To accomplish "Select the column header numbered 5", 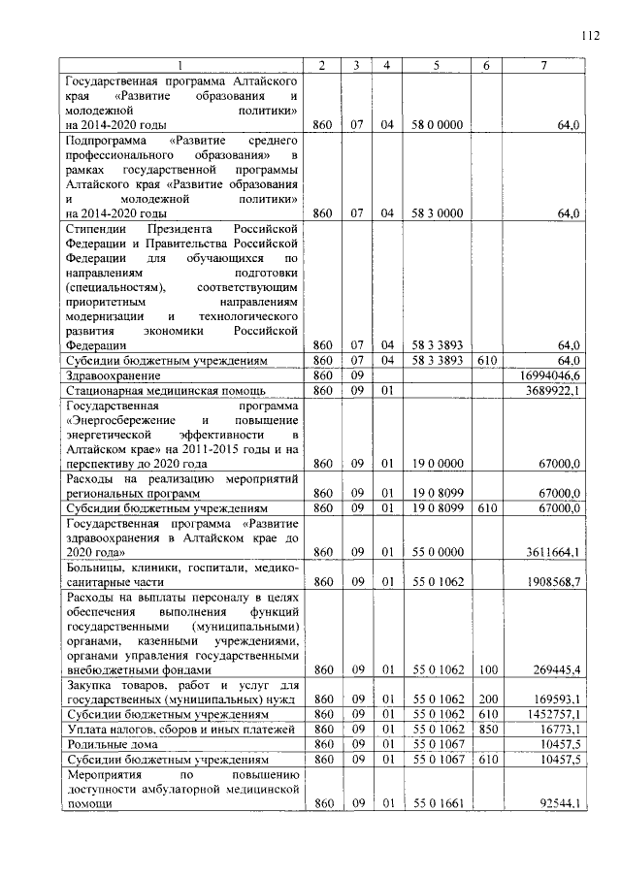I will pos(436,65).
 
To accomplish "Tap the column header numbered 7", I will pos(545,65).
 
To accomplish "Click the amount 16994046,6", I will pos(547,374).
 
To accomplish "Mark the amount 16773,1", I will pos(558,729).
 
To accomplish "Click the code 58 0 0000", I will pos(436,126).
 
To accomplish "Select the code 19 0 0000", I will pos(436,464).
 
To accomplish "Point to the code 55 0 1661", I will pos(436,804).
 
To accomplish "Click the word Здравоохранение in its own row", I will pos(108,374).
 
